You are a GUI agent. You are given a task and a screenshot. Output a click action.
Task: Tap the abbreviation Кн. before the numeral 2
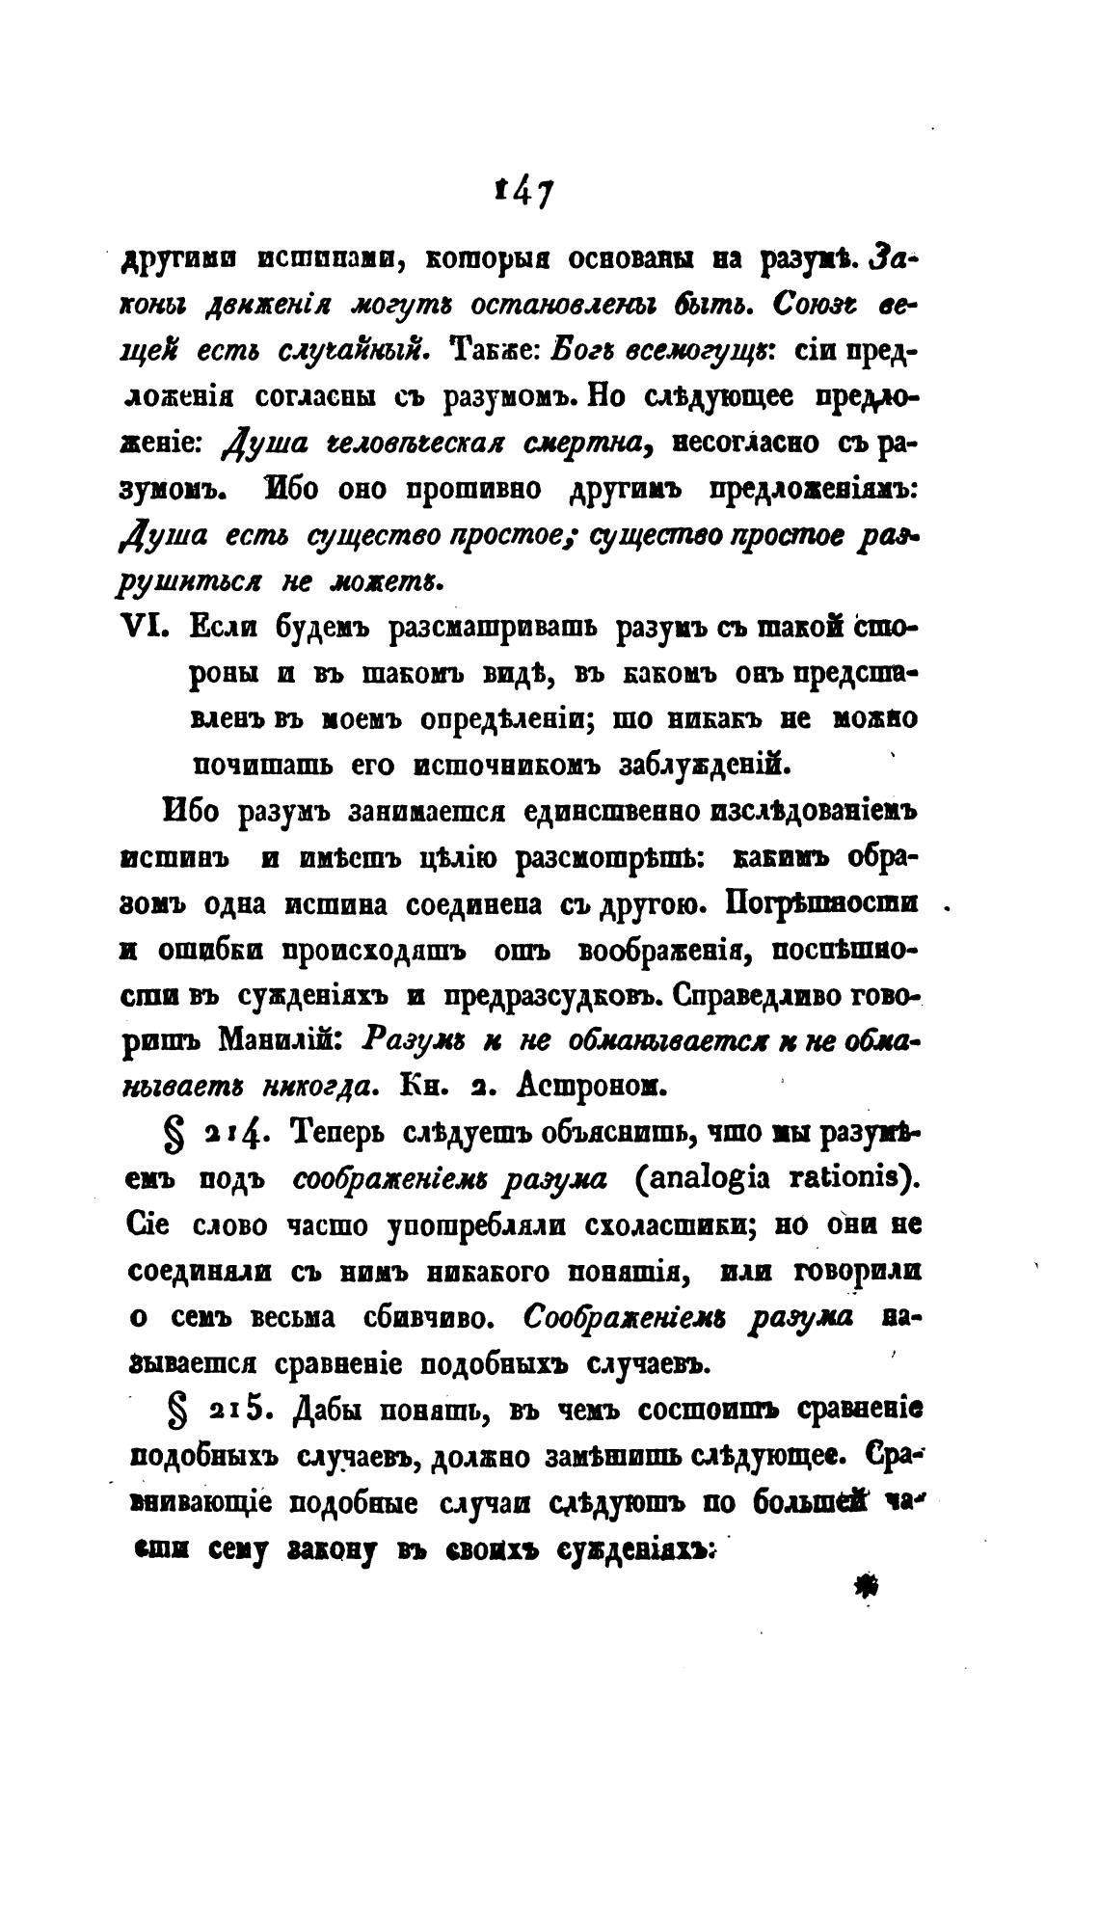418,1087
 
